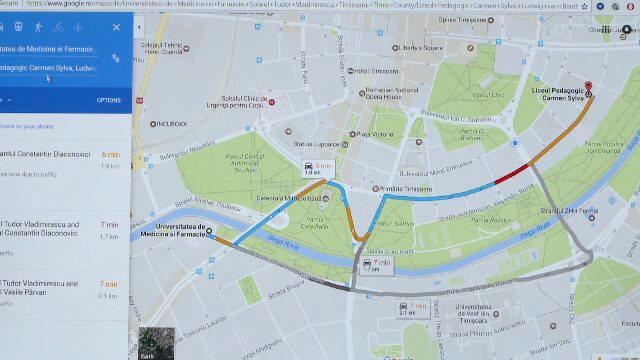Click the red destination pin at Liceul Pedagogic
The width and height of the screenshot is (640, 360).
click(588, 86)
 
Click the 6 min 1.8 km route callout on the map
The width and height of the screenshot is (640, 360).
click(323, 168)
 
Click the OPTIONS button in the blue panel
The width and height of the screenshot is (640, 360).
click(108, 101)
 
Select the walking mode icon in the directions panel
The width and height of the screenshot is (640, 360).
click(37, 26)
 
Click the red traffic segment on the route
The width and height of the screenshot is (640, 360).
click(509, 175)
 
